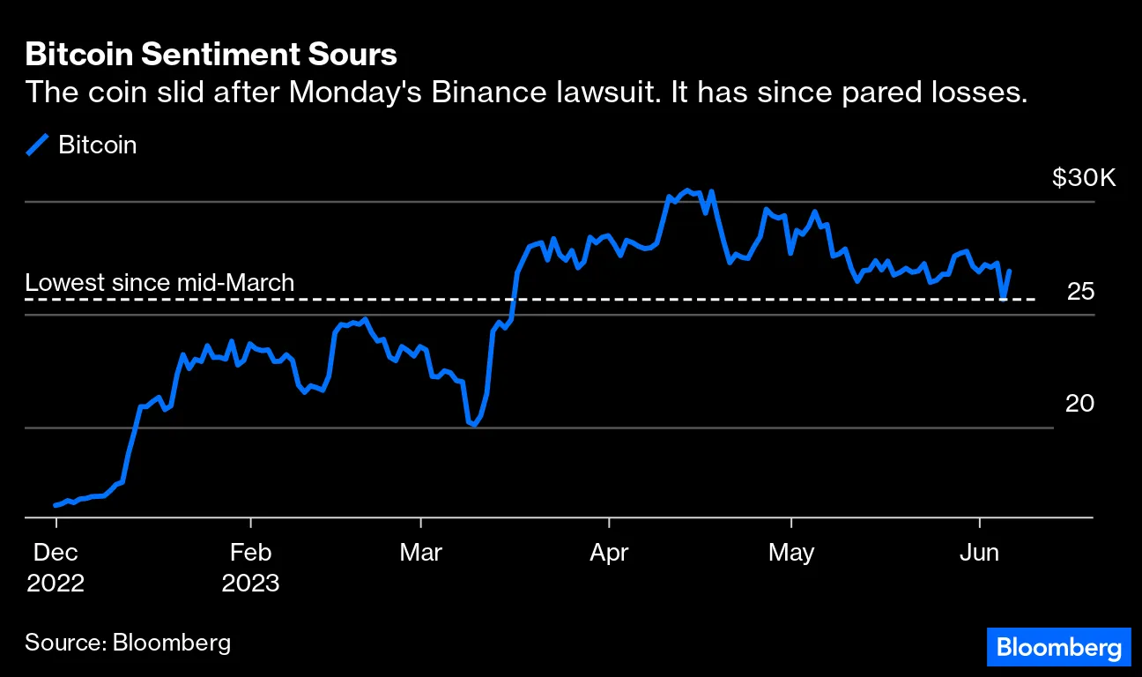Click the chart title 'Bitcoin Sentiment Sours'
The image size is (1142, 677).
pos(211,56)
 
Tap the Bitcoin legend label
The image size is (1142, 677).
pos(97,145)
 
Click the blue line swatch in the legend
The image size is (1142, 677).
pos(38,145)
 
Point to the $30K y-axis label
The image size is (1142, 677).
pos(1083,179)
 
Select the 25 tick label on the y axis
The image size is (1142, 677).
pos(1079,291)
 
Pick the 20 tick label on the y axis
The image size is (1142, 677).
pos(1079,404)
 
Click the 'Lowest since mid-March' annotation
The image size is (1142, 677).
pos(159,283)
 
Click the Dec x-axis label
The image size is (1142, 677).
pos(55,553)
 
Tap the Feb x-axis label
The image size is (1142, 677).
pos(250,553)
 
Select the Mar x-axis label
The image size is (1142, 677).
pos(420,553)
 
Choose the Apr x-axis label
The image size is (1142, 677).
pos(608,553)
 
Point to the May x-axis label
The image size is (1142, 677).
pos(791,553)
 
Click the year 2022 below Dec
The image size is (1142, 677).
pos(55,584)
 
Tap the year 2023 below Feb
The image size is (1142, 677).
pos(250,584)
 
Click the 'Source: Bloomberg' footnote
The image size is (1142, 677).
pos(128,642)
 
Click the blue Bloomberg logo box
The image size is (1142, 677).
pos(1058,648)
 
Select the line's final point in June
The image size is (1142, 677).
pos(1009,271)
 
